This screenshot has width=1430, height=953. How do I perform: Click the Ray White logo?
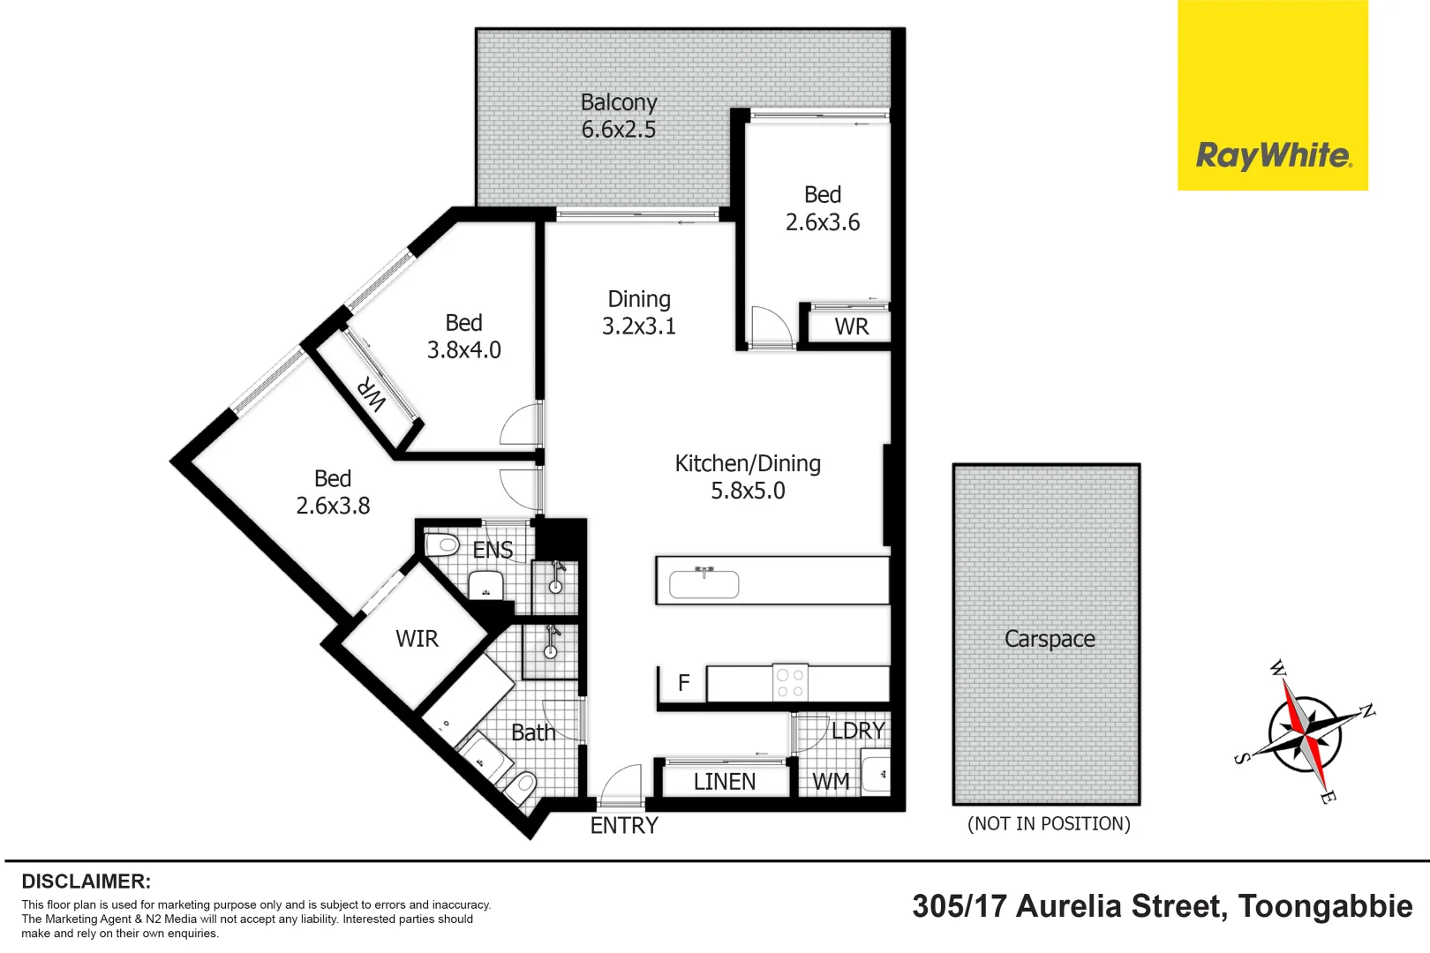coord(1272,155)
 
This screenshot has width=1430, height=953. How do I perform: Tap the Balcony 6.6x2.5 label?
coord(618,116)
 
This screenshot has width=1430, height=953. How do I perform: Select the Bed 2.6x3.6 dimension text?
coord(822,222)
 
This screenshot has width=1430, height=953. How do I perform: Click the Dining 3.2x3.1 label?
coord(638,312)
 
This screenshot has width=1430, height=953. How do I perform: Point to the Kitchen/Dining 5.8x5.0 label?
coord(748,476)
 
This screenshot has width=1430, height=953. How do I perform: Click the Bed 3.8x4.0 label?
coord(463,336)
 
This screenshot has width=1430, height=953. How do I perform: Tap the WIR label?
coord(417,639)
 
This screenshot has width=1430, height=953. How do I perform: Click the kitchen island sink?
coord(704,584)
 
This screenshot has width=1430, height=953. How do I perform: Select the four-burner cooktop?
coord(789,683)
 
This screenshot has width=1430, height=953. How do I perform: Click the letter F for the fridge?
coord(683,683)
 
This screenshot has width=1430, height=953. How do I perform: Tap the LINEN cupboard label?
coord(724,782)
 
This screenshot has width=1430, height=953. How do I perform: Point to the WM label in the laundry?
coord(830,782)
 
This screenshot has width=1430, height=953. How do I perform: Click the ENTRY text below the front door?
coord(624,826)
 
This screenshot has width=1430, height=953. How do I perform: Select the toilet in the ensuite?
coord(442,544)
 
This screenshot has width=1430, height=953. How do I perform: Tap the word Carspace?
coord(1049,639)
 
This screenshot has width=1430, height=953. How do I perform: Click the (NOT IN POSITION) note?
coord(1049,824)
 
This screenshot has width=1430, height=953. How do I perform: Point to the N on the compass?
coord(1366,711)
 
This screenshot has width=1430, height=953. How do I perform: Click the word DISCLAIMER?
coord(86,882)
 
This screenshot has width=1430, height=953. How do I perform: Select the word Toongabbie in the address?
coord(1324,907)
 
